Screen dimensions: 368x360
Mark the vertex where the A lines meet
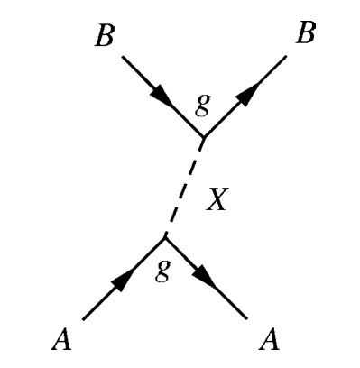pyautogui.click(x=164, y=237)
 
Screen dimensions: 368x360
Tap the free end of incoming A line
pyautogui.click(x=83, y=319)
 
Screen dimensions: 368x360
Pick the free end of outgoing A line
pyautogui.click(x=246, y=319)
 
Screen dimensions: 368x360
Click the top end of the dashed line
pyautogui.click(x=201, y=142)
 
